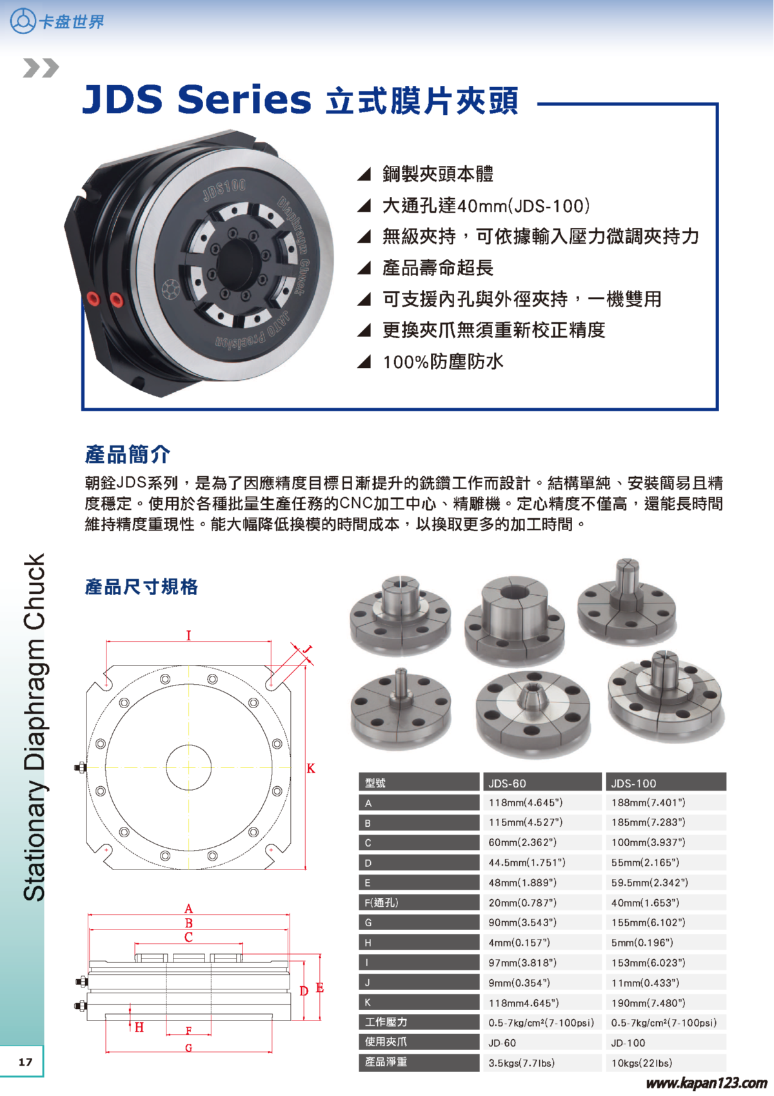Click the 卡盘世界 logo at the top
57,21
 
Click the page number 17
25,1062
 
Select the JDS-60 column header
507,783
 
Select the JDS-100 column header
633,783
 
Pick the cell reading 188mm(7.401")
648,803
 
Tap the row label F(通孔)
382,902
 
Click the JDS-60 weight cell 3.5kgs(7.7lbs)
521,1062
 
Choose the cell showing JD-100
628,1042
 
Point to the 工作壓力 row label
386,1022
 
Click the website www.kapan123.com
706,1082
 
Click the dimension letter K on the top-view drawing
311,768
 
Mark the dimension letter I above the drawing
188,636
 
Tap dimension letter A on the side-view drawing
188,909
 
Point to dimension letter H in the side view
139,1027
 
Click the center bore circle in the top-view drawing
188,767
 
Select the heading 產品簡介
128,454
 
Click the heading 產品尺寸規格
141,587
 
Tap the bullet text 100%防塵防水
442,361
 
